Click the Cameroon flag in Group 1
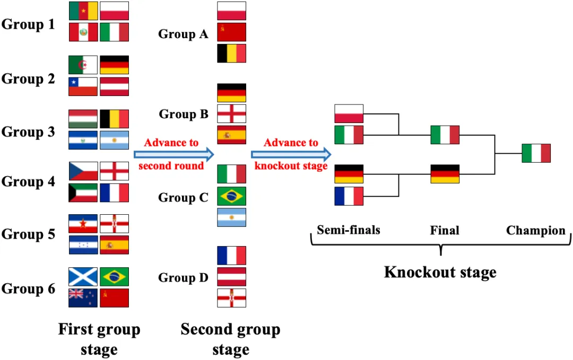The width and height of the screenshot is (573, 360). (83, 11)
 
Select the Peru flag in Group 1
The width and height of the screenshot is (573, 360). (83, 32)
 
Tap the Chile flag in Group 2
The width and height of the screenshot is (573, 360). (83, 86)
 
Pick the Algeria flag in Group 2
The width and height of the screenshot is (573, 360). (83, 65)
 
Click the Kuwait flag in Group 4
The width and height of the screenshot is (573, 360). (83, 192)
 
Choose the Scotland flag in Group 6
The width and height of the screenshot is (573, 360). (83, 277)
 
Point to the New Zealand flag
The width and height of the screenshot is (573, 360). (83, 298)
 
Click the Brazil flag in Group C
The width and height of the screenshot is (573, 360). (231, 196)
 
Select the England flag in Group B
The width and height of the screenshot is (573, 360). (231, 114)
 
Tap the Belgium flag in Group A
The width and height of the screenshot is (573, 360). (231, 54)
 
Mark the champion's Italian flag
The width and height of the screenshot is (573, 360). (536, 153)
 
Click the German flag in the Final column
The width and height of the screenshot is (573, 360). (445, 174)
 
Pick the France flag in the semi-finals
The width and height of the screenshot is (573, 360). (349, 196)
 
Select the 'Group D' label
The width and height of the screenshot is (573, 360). (183, 278)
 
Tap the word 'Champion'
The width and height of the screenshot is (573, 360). (536, 231)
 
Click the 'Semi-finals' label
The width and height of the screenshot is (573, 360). (349, 230)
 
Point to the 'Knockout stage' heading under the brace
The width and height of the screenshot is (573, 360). (440, 273)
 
